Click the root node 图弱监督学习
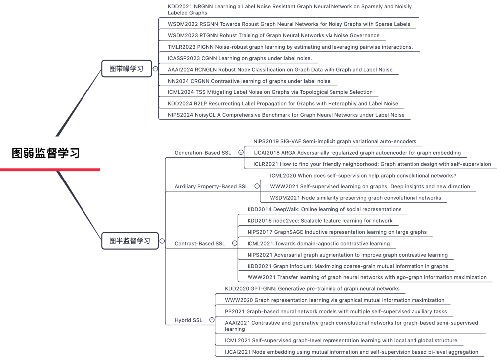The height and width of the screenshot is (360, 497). (x=46, y=153)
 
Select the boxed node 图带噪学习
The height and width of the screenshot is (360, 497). (x=126, y=69)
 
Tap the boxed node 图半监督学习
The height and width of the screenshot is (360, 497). (x=129, y=241)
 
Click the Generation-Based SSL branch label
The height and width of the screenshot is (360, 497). (x=203, y=153)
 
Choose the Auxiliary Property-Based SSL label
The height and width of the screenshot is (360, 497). (x=211, y=186)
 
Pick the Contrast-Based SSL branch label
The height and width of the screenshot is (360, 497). (x=200, y=244)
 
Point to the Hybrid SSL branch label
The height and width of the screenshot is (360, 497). (x=189, y=320)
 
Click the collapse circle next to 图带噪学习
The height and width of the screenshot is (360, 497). (x=156, y=69)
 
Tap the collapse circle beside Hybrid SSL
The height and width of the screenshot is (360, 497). (x=212, y=320)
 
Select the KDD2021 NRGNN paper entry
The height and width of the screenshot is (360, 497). (x=290, y=10)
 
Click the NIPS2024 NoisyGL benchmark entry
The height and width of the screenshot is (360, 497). (x=286, y=115)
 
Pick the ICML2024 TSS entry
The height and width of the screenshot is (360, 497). (x=270, y=92)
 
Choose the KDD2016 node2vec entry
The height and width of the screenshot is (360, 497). (x=320, y=221)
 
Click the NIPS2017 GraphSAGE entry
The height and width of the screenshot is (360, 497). (x=337, y=232)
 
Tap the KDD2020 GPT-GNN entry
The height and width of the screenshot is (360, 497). (x=312, y=288)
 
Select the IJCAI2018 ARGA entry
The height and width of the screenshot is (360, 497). (x=357, y=153)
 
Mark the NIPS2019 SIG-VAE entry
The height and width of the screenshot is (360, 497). (x=335, y=141)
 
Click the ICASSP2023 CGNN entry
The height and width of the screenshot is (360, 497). (x=240, y=58)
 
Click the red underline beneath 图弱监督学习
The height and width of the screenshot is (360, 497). (x=50, y=170)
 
